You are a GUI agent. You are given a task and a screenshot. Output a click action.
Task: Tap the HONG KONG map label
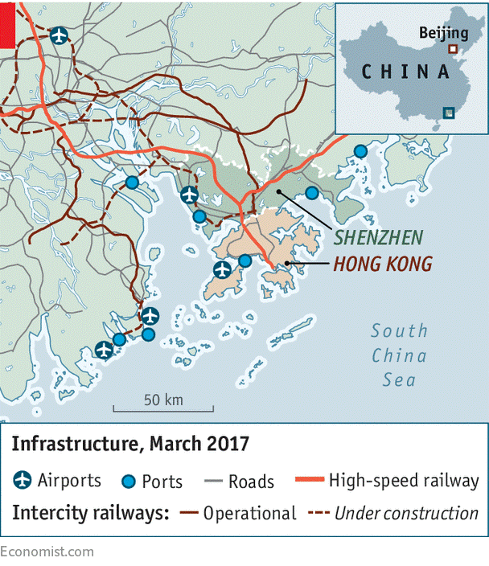383,264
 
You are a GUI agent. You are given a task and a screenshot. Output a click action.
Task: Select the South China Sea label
399,355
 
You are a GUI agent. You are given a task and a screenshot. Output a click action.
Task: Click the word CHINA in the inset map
405,72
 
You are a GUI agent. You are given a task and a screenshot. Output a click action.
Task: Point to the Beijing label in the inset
443,33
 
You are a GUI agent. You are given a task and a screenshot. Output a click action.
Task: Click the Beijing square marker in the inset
453,48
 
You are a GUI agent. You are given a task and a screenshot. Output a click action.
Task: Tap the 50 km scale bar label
163,400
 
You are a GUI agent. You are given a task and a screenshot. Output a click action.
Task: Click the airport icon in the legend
23,481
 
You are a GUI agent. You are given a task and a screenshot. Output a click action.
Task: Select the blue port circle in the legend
127,482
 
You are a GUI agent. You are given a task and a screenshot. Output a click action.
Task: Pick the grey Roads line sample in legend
213,482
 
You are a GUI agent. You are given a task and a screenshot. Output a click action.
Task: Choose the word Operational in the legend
249,513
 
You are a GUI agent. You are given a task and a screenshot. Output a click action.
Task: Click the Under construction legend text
406,513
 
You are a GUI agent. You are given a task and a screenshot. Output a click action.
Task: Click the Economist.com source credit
47,552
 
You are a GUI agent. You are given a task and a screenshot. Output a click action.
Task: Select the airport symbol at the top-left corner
59,35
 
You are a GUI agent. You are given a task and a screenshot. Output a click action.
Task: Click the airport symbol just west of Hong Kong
222,270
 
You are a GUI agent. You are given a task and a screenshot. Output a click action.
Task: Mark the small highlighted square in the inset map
448,113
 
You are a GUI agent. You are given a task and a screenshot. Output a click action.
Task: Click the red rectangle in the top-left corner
7,24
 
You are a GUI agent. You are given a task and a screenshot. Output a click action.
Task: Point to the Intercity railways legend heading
89,513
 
